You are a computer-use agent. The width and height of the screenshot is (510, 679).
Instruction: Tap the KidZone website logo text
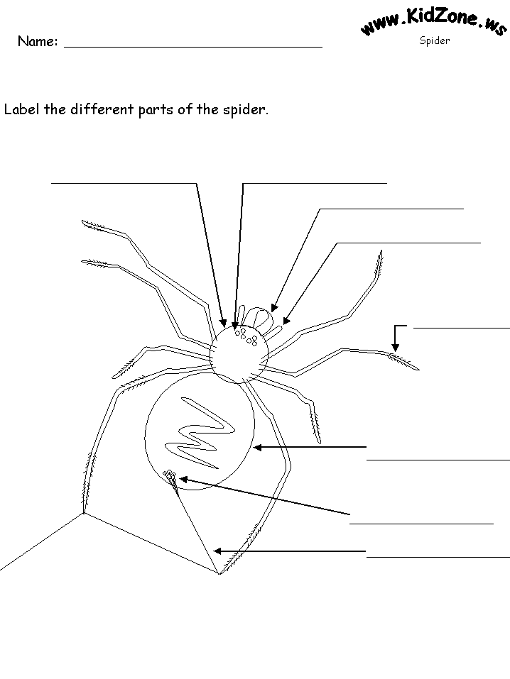click(433, 22)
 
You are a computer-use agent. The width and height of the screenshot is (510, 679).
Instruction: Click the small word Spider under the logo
click(435, 40)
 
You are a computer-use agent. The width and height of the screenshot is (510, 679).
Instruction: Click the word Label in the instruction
click(22, 109)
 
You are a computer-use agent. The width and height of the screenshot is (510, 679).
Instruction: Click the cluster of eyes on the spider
click(246, 336)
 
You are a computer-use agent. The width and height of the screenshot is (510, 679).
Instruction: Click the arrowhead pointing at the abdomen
click(257, 447)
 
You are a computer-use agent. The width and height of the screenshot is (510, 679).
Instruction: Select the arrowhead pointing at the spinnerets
click(184, 480)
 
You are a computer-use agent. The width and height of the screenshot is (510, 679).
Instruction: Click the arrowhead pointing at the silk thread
click(217, 551)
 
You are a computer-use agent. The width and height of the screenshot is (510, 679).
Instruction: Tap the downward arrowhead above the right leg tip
click(395, 347)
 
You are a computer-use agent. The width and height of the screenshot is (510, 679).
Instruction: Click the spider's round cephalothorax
click(239, 354)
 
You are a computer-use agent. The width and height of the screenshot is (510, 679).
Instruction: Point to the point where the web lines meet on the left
click(83, 514)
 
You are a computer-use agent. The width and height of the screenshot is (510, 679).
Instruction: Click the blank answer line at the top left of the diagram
click(124, 184)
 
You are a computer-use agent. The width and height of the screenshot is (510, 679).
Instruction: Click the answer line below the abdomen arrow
click(438, 460)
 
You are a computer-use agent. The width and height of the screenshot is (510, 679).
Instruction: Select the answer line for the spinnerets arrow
click(421, 524)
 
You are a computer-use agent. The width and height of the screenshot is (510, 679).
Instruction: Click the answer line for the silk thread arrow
click(438, 557)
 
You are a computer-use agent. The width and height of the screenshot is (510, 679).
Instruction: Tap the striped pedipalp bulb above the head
click(259, 317)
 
